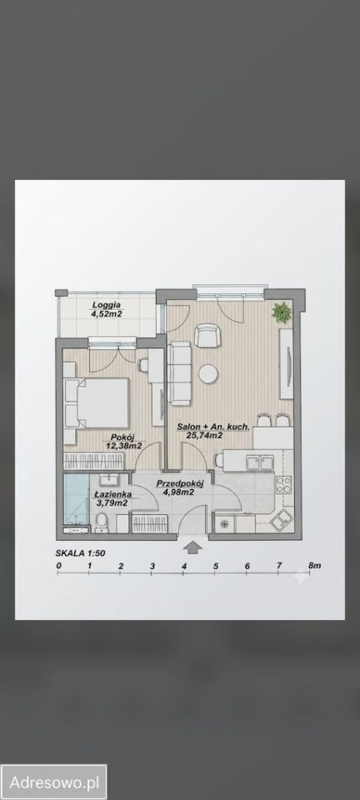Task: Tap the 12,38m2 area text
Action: [x=125, y=445]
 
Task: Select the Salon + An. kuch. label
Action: [x=213, y=427]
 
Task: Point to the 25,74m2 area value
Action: [x=205, y=435]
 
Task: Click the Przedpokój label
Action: [x=180, y=483]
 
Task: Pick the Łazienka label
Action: [x=113, y=494]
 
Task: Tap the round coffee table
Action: [x=208, y=373]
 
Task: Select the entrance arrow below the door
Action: [x=192, y=547]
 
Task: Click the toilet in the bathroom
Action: [x=101, y=523]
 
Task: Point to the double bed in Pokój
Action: [x=97, y=403]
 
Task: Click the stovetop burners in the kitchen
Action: [x=284, y=483]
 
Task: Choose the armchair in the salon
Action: [x=207, y=335]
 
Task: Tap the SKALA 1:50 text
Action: [x=80, y=552]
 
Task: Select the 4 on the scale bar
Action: [x=183, y=566]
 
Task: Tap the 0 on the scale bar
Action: [x=58, y=566]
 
